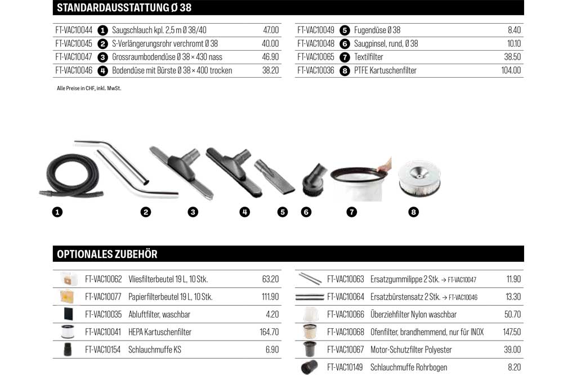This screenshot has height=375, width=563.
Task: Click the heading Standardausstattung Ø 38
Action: click(124, 7)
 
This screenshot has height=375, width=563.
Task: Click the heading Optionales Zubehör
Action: click(107, 254)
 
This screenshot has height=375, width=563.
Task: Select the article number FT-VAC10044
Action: click(74, 30)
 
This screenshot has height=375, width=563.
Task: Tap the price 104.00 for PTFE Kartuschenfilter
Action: click(511, 70)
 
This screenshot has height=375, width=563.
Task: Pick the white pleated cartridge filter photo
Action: click(419, 178)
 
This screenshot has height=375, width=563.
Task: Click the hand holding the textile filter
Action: click(385, 166)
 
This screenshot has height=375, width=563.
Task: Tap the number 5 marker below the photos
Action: click(283, 212)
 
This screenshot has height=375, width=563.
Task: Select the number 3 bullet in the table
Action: click(102, 57)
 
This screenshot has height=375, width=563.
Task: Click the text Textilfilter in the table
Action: click(368, 57)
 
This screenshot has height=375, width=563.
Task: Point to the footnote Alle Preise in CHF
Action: click(89, 88)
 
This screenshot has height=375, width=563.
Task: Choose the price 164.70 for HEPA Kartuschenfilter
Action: click(269, 332)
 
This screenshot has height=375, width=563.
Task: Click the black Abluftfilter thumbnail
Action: click(68, 314)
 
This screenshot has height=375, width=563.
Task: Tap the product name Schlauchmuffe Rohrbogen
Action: click(409, 367)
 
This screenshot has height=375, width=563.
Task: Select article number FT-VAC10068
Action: click(346, 332)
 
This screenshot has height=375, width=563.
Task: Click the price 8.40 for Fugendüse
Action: click(514, 30)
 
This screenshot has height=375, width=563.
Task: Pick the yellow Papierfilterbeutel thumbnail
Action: click(67, 296)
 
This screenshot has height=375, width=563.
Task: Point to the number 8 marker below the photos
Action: click(413, 212)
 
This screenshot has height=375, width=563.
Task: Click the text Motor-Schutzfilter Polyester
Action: click(411, 350)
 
